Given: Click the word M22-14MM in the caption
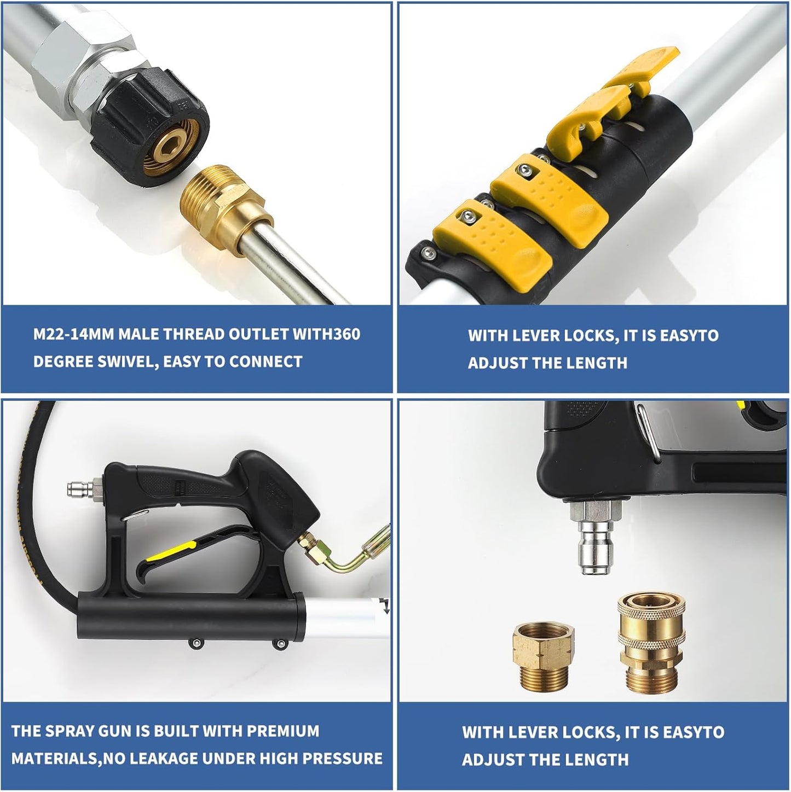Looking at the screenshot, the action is click(73, 334).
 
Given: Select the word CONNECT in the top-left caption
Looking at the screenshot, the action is click(265, 362).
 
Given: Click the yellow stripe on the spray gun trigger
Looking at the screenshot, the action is click(171, 551).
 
